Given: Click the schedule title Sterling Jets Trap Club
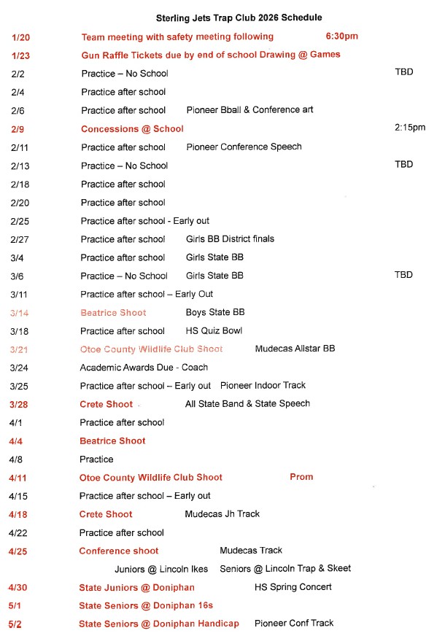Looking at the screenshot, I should [x=239, y=18].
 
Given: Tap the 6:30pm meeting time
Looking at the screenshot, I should [x=341, y=36].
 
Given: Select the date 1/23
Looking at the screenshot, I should [x=20, y=55].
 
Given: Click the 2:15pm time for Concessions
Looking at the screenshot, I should [x=409, y=128].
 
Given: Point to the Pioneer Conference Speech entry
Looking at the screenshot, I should [x=244, y=147].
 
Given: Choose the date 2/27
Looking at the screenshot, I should [x=19, y=238].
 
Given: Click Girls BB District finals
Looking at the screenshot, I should [x=230, y=238].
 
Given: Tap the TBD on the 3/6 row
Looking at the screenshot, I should [x=403, y=275].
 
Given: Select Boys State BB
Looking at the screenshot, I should [x=215, y=312].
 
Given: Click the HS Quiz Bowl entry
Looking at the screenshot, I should [x=214, y=330].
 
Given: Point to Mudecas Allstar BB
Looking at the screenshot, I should [x=295, y=349].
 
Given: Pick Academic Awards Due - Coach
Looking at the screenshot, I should [x=144, y=368].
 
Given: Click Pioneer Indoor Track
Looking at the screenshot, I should [x=263, y=385].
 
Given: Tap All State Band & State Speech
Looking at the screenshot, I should [x=247, y=403].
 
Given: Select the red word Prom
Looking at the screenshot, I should [x=301, y=477].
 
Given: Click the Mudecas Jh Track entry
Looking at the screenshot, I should [x=222, y=513].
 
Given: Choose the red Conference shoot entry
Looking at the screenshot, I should [x=118, y=551].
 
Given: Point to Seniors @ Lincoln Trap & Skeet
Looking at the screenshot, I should [x=285, y=568].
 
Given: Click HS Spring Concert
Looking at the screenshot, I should [x=293, y=586].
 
